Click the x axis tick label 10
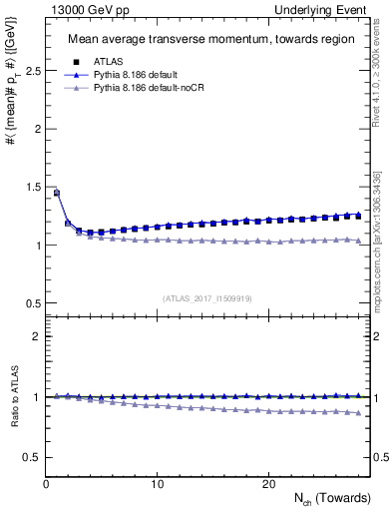click(x=158, y=484)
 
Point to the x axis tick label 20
click(x=268, y=484)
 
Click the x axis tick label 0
click(x=47, y=484)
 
